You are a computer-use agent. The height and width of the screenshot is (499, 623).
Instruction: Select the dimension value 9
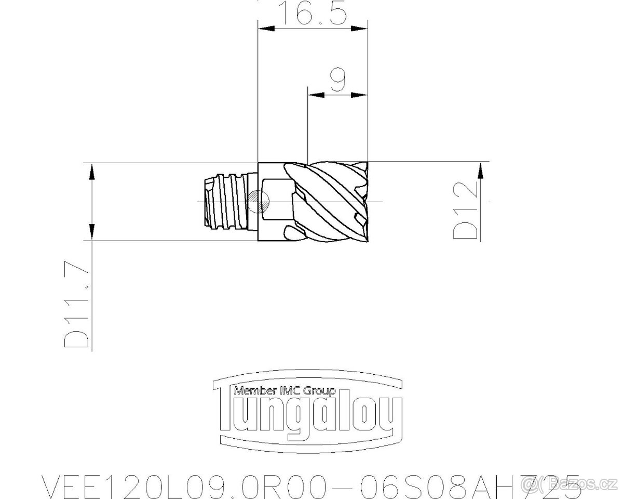coord(338,79)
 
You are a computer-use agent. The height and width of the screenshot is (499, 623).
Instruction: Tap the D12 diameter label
coord(465,211)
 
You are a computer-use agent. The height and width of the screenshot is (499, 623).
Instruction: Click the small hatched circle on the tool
coord(258,201)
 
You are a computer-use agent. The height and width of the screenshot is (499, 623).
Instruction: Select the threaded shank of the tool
coord(227,201)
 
